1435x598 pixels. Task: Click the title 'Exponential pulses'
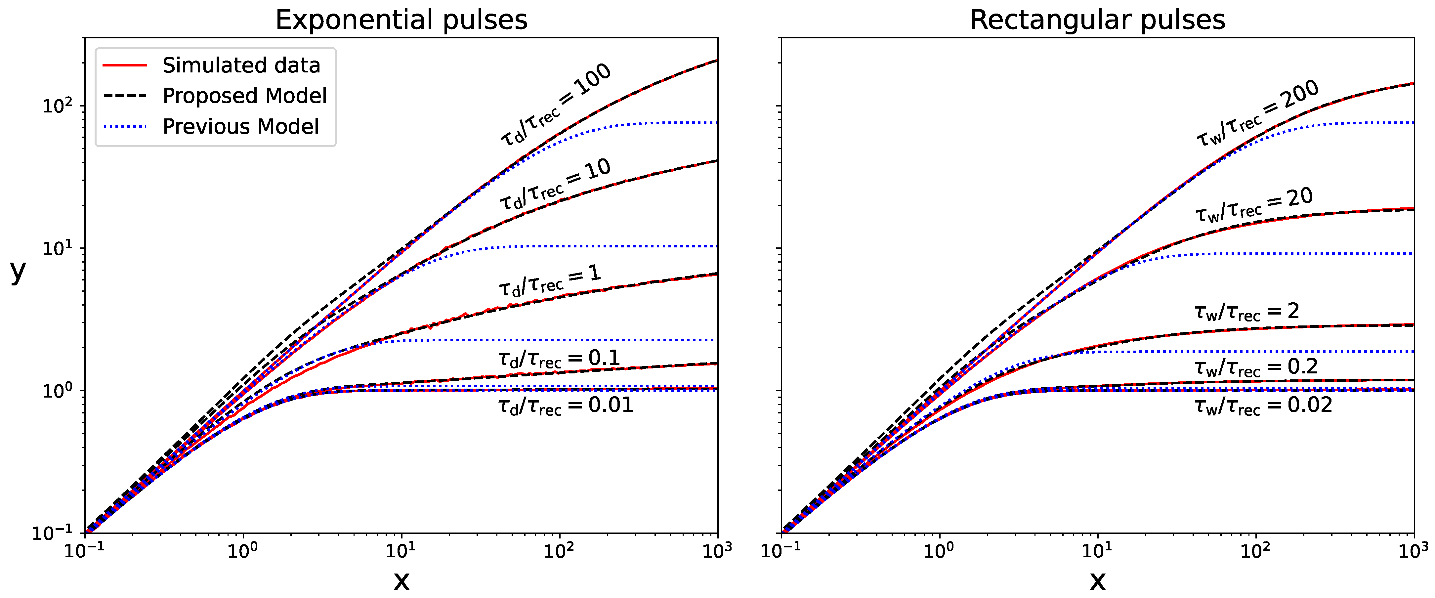point(401,20)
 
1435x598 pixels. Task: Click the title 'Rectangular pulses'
point(1097,20)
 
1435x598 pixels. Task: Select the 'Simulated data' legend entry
point(212,65)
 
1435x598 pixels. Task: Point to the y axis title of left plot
point(18,272)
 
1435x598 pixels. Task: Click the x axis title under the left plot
point(401,581)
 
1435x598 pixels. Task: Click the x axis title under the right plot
point(1097,581)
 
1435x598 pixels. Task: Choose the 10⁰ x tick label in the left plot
point(243,551)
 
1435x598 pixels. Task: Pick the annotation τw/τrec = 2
point(1247,312)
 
